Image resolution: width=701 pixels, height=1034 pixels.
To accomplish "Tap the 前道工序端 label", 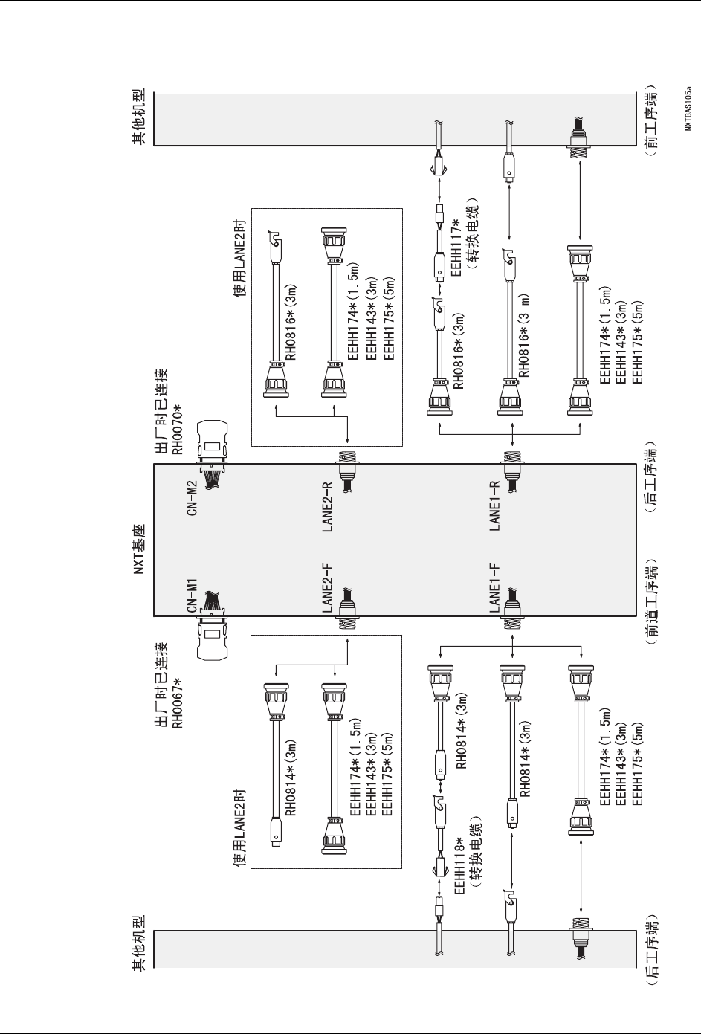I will click(x=649, y=601).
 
